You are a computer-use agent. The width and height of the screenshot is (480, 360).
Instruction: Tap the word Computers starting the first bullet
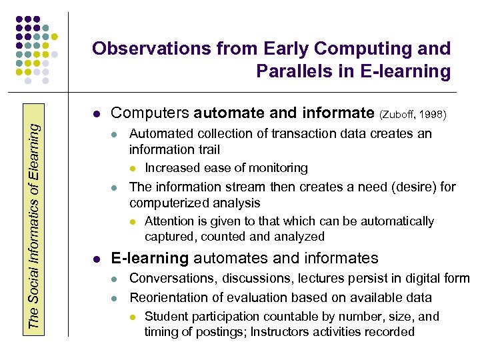[151, 113]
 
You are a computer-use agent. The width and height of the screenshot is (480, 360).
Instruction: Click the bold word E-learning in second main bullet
[149, 258]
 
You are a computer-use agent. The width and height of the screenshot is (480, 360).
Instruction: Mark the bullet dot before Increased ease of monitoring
[133, 169]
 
